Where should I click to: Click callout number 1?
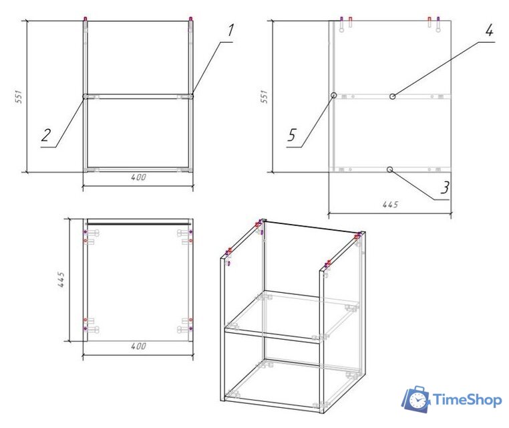click(230, 30)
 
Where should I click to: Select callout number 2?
click(46, 135)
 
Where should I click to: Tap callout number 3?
click(445, 187)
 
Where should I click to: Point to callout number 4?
click(489, 30)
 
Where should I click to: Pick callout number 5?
click(292, 135)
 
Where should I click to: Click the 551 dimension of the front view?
click(19, 96)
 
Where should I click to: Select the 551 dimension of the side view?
click(265, 96)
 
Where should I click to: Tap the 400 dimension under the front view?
click(138, 177)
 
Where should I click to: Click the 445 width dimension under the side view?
click(390, 205)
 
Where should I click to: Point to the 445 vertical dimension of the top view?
click(61, 280)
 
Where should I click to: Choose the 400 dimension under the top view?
click(138, 346)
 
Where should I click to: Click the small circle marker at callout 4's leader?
click(393, 96)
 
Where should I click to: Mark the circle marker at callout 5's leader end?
click(334, 95)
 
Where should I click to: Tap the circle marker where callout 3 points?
click(390, 169)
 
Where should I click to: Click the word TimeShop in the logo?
click(468, 400)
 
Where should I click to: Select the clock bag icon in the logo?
click(416, 399)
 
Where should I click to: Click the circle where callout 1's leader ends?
click(191, 96)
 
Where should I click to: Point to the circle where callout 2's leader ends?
click(86, 96)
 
